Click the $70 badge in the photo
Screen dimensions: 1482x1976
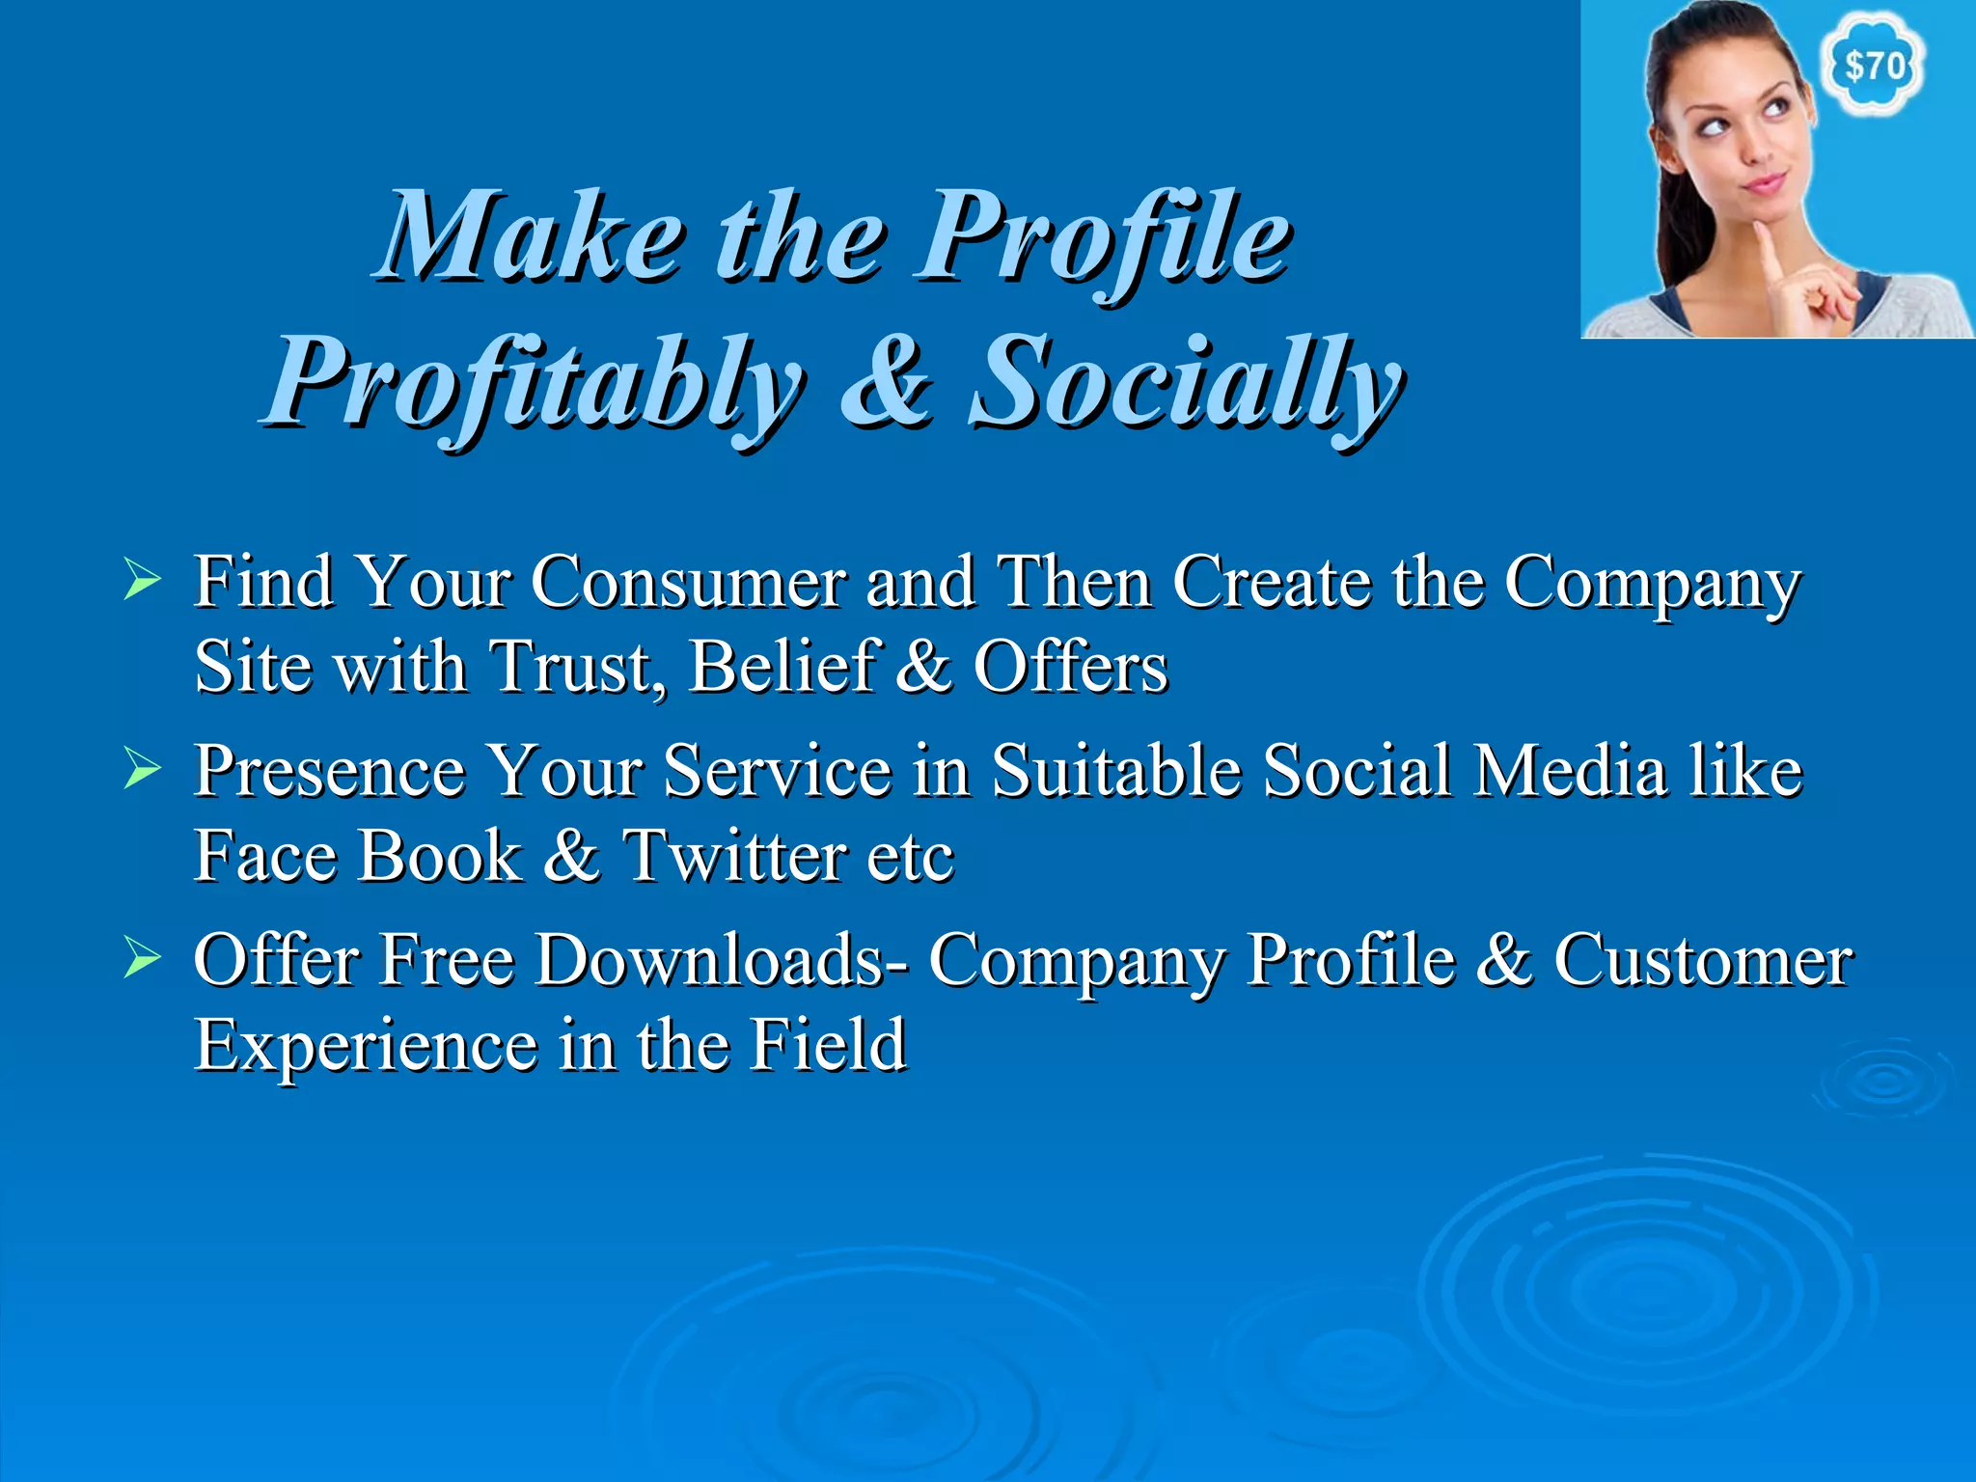1874,66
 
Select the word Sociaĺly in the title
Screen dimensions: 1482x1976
1185,384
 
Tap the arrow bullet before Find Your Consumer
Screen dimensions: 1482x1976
142,582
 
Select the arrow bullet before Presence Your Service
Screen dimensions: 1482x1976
142,770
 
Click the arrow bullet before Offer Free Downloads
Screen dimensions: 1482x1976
142,959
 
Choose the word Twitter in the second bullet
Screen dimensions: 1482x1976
732,855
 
